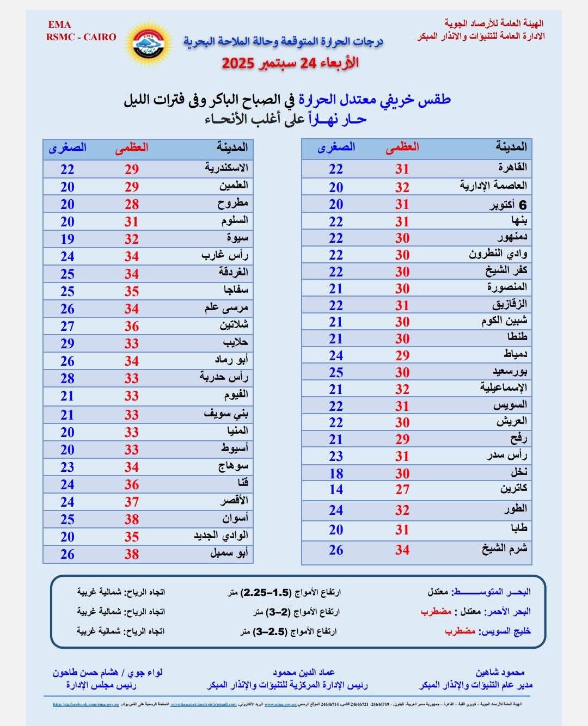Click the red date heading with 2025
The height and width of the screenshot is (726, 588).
click(x=290, y=63)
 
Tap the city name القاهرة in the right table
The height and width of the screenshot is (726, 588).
click(x=512, y=167)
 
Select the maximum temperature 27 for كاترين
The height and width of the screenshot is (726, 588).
click(x=402, y=489)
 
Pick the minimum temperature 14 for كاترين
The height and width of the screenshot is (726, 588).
click(x=336, y=489)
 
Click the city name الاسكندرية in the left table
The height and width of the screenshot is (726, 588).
click(x=226, y=168)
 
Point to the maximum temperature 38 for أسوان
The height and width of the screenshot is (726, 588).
click(x=131, y=519)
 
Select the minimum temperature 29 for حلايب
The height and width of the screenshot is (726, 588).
click(x=68, y=343)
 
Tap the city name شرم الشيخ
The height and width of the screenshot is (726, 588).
click(x=504, y=549)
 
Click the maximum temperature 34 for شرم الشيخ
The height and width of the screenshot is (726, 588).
click(x=402, y=550)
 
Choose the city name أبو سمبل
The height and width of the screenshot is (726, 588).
click(x=229, y=553)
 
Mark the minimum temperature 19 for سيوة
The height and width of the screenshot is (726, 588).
click(x=68, y=239)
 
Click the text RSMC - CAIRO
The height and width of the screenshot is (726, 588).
click(x=81, y=37)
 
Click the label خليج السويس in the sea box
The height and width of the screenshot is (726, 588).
click(x=504, y=631)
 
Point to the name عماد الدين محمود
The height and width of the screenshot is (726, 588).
click(x=304, y=673)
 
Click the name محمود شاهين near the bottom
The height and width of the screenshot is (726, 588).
click(x=500, y=673)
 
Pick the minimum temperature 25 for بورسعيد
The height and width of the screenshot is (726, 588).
click(x=336, y=372)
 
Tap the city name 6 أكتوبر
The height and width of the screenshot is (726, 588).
click(x=507, y=205)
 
